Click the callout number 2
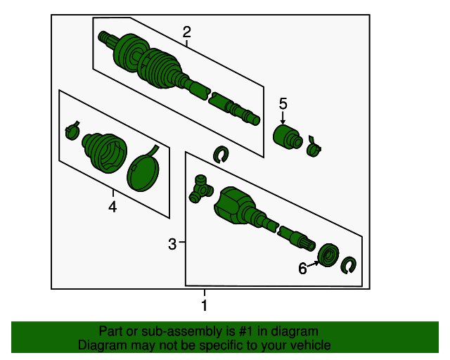coord(186,32)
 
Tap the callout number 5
coord(283,103)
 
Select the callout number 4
coord(112,207)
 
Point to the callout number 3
coord(172,244)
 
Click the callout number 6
coord(302,269)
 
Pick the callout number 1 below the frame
coord(205,305)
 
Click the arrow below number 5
coord(283,117)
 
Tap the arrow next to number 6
coord(313,264)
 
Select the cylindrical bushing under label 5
coord(288,137)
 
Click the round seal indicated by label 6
coord(328,255)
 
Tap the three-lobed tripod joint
coord(201,189)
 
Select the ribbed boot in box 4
coord(105,153)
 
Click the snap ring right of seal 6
coord(348,265)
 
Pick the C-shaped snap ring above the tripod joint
coord(220,155)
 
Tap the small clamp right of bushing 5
coord(314,147)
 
